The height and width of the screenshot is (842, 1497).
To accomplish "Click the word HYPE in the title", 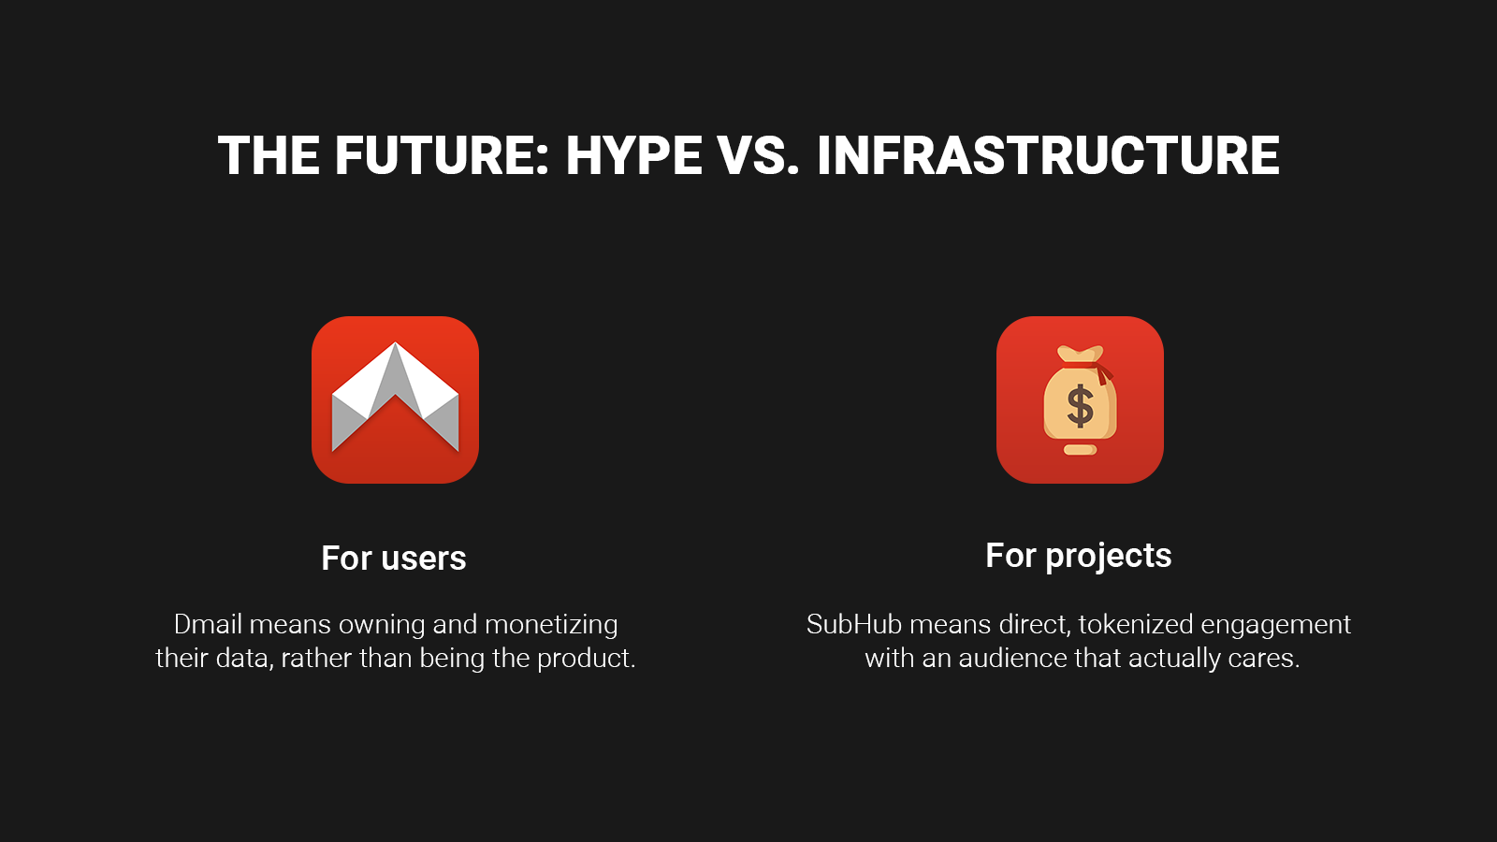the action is (x=633, y=155).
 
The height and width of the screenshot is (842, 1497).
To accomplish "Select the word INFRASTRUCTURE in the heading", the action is (x=1048, y=155).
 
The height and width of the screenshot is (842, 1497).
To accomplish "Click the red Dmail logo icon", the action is (x=395, y=399).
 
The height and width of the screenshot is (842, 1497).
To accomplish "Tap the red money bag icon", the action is (x=1080, y=399).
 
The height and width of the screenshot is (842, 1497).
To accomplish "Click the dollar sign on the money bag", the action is (x=1080, y=406).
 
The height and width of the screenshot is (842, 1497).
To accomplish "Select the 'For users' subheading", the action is (x=394, y=558).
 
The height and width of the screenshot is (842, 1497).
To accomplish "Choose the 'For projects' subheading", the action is (x=1079, y=556).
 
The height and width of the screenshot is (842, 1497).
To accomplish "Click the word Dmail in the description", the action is (x=208, y=624).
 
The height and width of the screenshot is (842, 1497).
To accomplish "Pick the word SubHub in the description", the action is (x=854, y=624).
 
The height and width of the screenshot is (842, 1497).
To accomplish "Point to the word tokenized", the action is (x=1136, y=624).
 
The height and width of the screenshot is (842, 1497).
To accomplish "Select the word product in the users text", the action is (x=586, y=660).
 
